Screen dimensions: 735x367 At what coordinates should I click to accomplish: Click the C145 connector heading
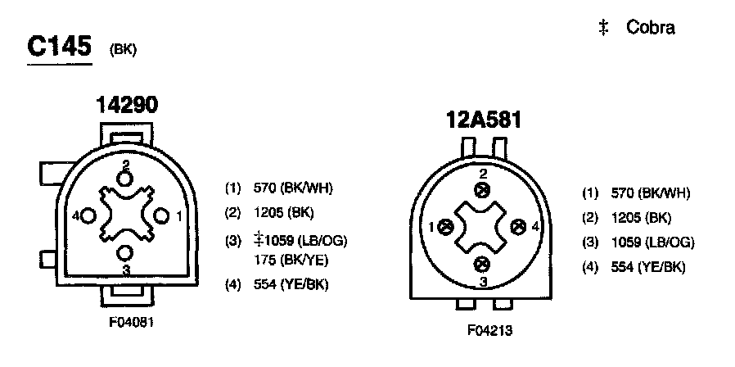[59, 47]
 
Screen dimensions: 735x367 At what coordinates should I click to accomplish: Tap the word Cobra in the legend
[651, 28]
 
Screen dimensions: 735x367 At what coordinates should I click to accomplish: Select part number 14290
[127, 105]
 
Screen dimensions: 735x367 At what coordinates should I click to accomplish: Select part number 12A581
[483, 120]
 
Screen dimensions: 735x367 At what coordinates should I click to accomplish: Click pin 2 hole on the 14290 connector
[125, 179]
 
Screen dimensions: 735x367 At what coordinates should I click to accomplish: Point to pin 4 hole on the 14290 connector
[88, 216]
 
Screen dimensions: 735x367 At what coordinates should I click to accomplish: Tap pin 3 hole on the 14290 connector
[124, 253]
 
